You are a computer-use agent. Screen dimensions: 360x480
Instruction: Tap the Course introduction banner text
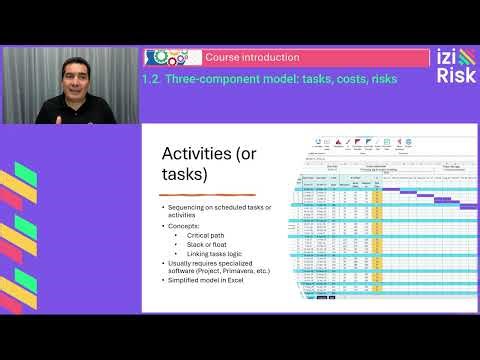tap(237, 57)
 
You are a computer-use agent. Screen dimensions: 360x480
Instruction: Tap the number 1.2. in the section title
tap(152, 76)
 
